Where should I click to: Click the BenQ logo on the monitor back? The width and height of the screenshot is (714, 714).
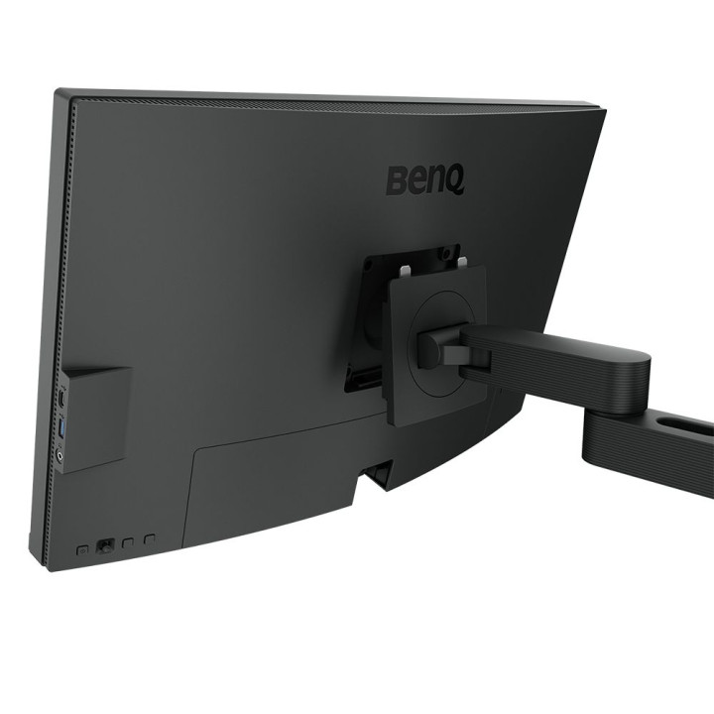tap(424, 180)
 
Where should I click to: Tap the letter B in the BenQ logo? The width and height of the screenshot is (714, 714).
tap(395, 181)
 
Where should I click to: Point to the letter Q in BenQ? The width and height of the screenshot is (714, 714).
tap(454, 183)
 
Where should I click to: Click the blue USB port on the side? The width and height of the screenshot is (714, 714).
tap(65, 427)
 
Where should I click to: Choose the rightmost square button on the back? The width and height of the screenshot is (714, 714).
tap(150, 540)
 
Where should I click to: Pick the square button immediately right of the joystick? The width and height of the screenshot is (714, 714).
tap(128, 542)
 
